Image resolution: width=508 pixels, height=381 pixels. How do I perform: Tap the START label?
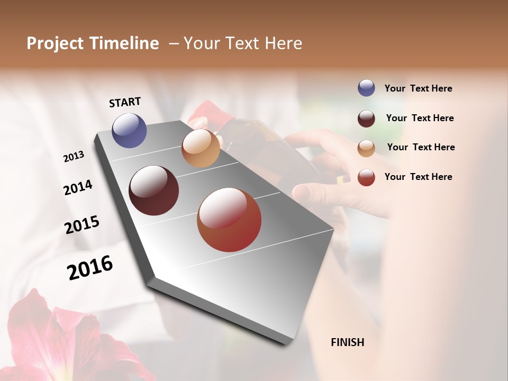[125, 102]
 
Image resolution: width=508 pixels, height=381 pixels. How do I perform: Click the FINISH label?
[347, 342]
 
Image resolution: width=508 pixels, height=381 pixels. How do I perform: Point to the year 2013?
[74, 157]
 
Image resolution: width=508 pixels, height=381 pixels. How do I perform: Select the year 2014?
[78, 187]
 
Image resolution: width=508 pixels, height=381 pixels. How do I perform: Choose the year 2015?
[82, 225]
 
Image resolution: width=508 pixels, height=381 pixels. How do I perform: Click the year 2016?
[90, 267]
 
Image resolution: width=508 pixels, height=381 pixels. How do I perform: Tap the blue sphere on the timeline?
[130, 130]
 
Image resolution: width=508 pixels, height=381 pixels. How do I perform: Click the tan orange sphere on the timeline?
[201, 148]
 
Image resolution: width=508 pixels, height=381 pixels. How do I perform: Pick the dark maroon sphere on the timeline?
[154, 190]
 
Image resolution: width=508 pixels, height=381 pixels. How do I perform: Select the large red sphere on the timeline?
[229, 220]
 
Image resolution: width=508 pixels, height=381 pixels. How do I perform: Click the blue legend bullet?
[366, 88]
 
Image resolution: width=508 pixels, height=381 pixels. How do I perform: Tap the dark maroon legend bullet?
[366, 119]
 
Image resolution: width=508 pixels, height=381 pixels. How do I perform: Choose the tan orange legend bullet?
[366, 148]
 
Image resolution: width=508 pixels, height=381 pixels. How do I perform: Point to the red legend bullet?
[366, 177]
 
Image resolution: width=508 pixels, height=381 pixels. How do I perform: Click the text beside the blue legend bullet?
[418, 88]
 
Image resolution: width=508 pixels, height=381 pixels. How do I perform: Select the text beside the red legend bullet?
[418, 177]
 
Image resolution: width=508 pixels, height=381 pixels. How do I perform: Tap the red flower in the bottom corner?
[58, 339]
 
